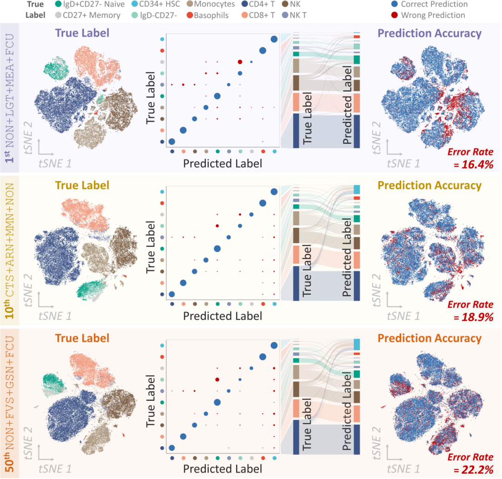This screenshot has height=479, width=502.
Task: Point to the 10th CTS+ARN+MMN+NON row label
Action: tap(9, 250)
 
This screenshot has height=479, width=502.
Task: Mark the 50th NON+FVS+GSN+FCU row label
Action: tap(9, 403)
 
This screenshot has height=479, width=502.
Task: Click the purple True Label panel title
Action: tap(82, 33)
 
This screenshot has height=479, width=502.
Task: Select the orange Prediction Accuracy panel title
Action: tap(429, 338)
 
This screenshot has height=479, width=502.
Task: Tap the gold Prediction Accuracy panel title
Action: tap(429, 185)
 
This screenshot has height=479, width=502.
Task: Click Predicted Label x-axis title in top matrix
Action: tap(222, 163)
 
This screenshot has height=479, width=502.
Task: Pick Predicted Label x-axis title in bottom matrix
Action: tap(222, 469)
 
